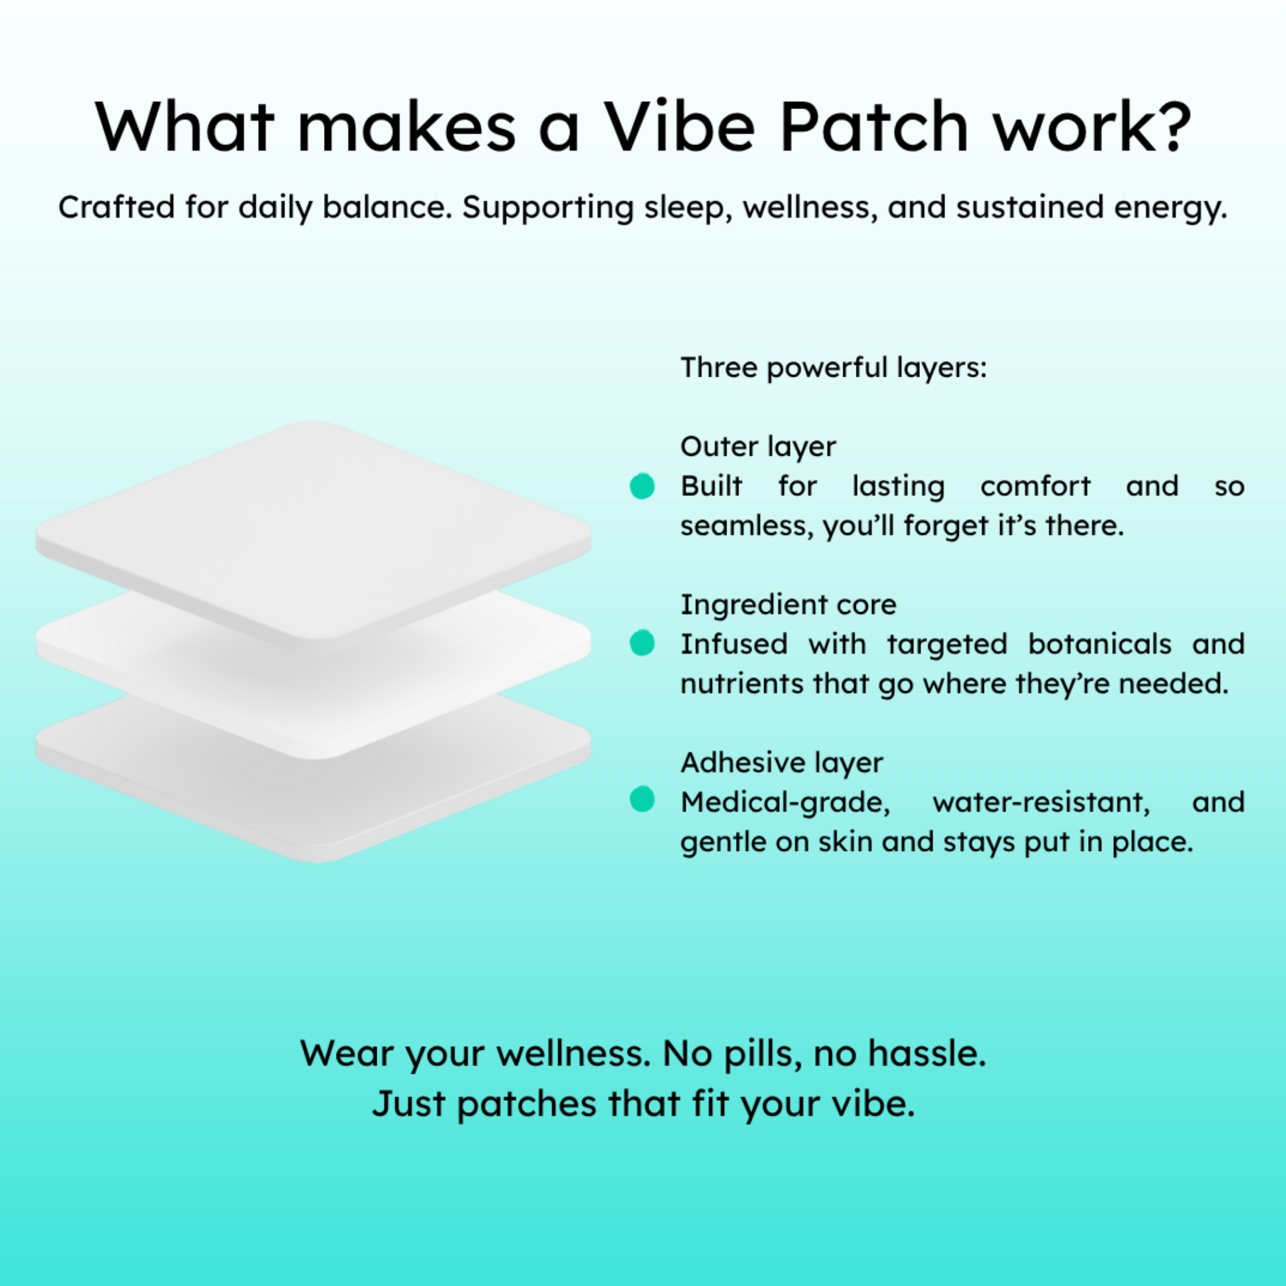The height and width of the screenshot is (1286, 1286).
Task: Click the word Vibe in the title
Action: click(x=679, y=126)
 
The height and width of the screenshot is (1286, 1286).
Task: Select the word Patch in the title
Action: click(x=873, y=126)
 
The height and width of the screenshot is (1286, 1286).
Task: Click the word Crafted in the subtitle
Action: click(x=117, y=207)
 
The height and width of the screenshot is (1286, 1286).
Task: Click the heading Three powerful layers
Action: click(x=833, y=368)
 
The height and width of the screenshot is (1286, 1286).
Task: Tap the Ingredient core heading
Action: click(x=788, y=605)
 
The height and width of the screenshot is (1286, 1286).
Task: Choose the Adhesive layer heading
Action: click(x=781, y=763)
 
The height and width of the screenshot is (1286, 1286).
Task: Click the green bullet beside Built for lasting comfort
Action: click(x=642, y=486)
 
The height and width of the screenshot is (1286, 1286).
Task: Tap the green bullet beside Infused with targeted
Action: click(x=642, y=643)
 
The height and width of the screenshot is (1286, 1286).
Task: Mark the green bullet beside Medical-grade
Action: click(x=642, y=799)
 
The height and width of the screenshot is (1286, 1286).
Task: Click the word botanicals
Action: click(x=1100, y=644)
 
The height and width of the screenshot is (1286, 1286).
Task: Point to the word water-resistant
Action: click(x=1041, y=802)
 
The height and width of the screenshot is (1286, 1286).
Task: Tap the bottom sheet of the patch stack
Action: click(x=313, y=799)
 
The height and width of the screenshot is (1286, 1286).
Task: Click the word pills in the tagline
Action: click(x=763, y=1055)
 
